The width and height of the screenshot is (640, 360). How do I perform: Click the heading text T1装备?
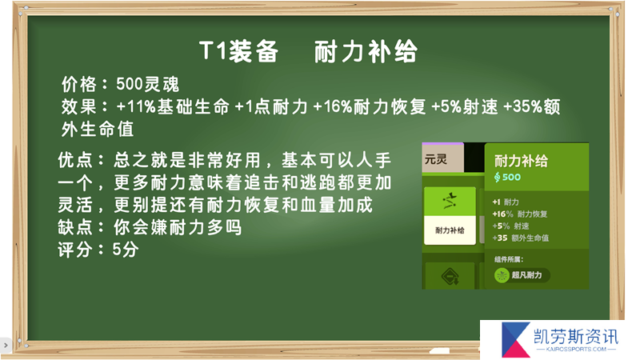(x=238, y=52)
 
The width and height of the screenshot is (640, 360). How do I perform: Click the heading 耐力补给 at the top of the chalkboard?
(x=366, y=52)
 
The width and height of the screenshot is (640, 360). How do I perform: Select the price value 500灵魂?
(x=148, y=85)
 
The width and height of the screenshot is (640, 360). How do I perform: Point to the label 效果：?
(x=85, y=107)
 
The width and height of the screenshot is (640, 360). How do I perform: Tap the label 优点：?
(x=82, y=160)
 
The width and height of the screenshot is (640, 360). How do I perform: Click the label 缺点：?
(x=82, y=227)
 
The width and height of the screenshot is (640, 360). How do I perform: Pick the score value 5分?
(x=126, y=250)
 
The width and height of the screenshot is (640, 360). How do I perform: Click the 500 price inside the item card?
(x=507, y=177)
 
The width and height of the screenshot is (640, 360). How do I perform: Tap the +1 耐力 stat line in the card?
(x=506, y=202)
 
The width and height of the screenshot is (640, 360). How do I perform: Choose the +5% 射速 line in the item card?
(x=510, y=226)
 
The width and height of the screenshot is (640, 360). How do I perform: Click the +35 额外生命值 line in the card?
(x=521, y=238)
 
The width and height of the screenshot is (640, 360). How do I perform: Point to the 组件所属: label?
(x=509, y=259)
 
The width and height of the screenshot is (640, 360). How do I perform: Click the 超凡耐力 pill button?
(x=522, y=275)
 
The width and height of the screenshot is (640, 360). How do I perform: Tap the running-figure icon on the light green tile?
(x=450, y=201)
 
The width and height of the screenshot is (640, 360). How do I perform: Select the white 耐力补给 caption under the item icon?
(x=450, y=230)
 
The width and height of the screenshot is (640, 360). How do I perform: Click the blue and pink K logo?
(x=515, y=339)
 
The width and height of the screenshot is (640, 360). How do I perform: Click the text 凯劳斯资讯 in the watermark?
(x=576, y=337)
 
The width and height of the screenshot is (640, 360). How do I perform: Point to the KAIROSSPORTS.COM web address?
(x=576, y=350)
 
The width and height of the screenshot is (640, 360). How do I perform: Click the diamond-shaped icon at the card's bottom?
(x=450, y=276)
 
